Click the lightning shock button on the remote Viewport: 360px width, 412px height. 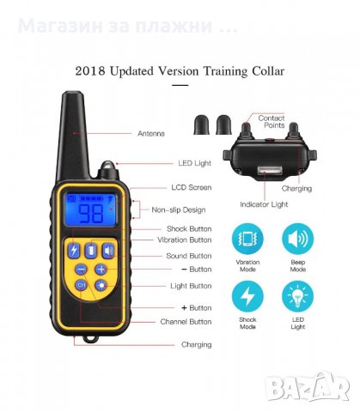pyautogui.click(x=74, y=251)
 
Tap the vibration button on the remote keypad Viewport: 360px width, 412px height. pyautogui.click(x=91, y=251)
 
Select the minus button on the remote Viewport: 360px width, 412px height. pyautogui.click(x=82, y=270)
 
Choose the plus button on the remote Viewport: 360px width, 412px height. pyautogui.click(x=101, y=270)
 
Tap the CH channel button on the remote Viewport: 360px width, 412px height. pyautogui.click(x=82, y=285)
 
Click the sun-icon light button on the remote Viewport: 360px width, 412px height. pyautogui.click(x=101, y=285)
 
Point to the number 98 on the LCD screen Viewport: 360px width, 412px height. pyautogui.click(x=91, y=213)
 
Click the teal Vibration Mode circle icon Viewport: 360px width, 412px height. pyautogui.click(x=247, y=239)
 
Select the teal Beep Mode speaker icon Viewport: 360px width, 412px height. pyautogui.click(x=298, y=239)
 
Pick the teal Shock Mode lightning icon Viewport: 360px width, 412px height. pyautogui.click(x=247, y=296)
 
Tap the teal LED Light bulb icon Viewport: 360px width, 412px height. pyautogui.click(x=298, y=296)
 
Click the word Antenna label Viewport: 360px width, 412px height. pyautogui.click(x=151, y=134)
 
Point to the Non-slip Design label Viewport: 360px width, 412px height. pyautogui.click(x=179, y=210)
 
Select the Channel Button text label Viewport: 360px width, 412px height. pyautogui.click(x=186, y=322)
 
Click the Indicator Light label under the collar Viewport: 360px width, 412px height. pyautogui.click(x=264, y=204)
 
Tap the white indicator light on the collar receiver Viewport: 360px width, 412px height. pyautogui.click(x=269, y=172)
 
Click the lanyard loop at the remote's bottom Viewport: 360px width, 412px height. pyautogui.click(x=90, y=338)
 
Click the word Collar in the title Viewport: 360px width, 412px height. pyautogui.click(x=268, y=71)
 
